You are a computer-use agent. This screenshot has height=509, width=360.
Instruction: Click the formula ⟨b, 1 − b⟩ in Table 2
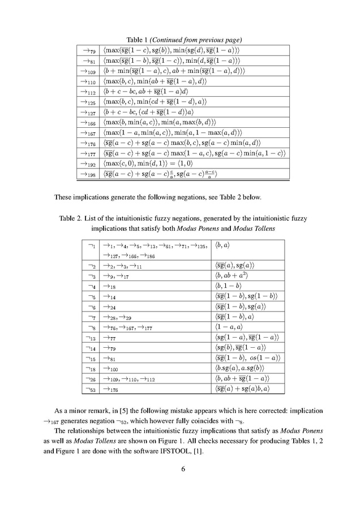(228, 286)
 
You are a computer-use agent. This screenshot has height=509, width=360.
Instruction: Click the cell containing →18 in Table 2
(109, 286)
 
